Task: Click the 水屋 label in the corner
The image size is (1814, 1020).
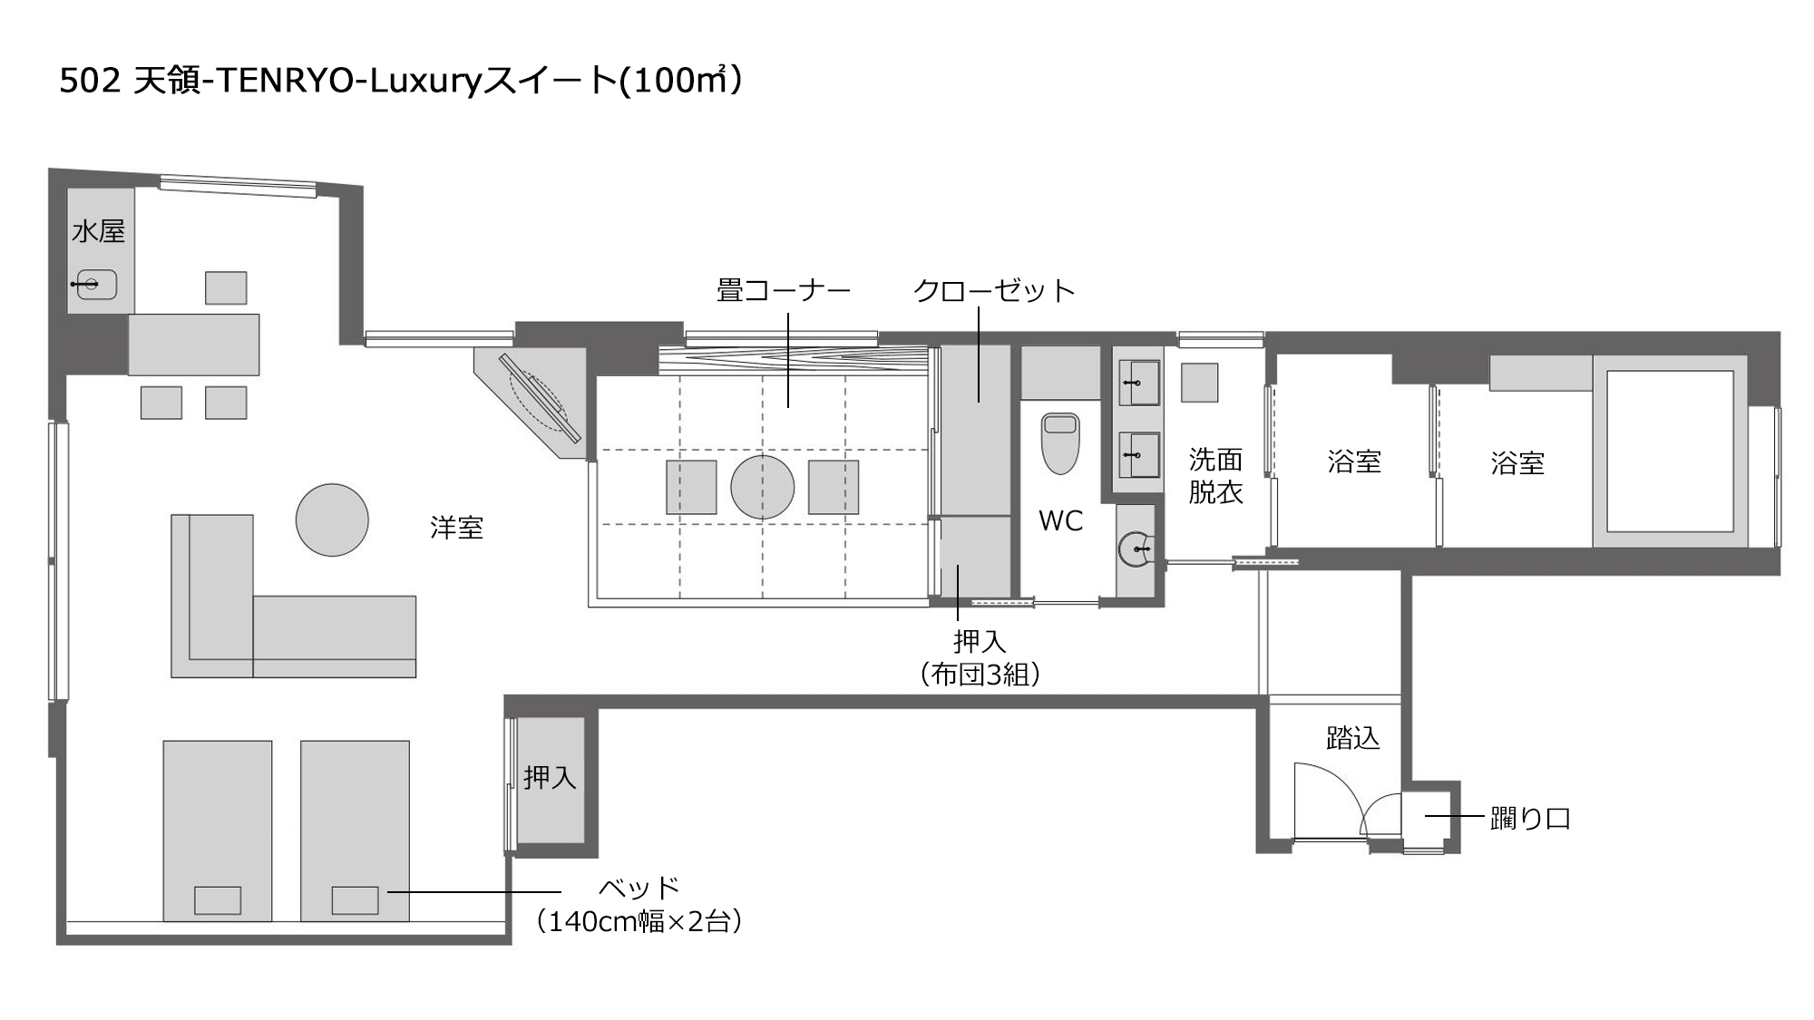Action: click(x=98, y=232)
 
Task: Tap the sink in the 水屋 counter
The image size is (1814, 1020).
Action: click(x=96, y=285)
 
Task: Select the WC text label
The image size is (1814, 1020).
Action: click(x=1060, y=521)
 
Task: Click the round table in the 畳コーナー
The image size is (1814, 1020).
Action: click(x=762, y=487)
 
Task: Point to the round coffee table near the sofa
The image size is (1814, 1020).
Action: click(x=332, y=520)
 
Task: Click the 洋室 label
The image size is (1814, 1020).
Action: click(x=456, y=528)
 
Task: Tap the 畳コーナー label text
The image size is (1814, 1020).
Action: click(x=784, y=291)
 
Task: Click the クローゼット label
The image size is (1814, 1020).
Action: click(x=994, y=291)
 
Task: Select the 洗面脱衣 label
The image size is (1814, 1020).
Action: click(x=1215, y=476)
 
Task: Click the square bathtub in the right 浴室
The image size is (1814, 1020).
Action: click(x=1670, y=451)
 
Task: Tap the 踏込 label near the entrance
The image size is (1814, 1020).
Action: click(x=1352, y=739)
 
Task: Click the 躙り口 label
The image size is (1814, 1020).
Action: click(x=1530, y=819)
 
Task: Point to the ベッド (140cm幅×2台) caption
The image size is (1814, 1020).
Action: click(x=639, y=905)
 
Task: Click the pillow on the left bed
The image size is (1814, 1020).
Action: click(x=218, y=900)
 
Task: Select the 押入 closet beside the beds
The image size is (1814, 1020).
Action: click(x=550, y=778)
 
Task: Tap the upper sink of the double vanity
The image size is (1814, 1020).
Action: click(x=1138, y=383)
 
